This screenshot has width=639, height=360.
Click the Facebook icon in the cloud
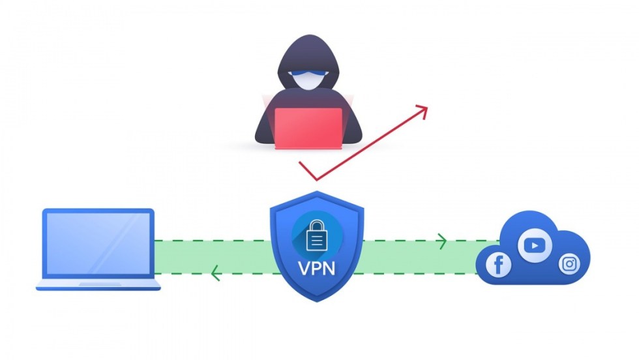point(498,265)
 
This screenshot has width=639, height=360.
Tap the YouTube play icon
point(535,246)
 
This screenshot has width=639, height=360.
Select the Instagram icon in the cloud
point(569,264)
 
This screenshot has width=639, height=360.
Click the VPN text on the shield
point(316,268)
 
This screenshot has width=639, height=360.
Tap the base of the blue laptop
point(98,285)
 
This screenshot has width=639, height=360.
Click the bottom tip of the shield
point(317,301)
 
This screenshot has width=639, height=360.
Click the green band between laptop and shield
point(209,257)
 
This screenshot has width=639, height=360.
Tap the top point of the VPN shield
point(317,193)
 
